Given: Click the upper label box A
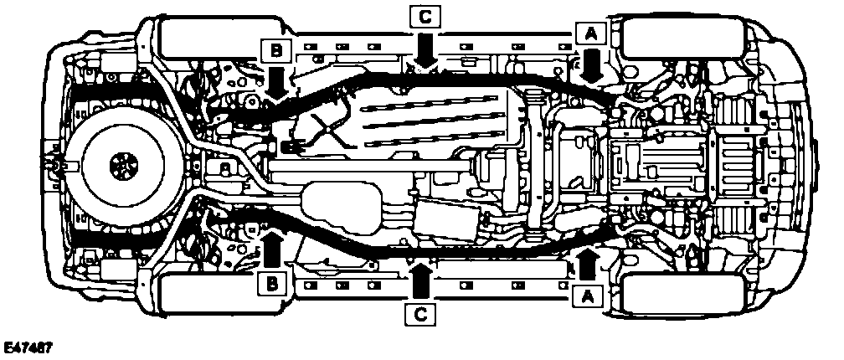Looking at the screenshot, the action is pyautogui.click(x=590, y=33).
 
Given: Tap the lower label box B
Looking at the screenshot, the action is pyautogui.click(x=270, y=284).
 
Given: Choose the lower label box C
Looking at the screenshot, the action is pyautogui.click(x=421, y=314).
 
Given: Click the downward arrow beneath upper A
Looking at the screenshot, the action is pyautogui.click(x=591, y=65).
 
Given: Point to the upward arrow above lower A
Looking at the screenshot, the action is pyautogui.click(x=587, y=262).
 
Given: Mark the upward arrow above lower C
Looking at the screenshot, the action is pyautogui.click(x=422, y=280).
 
